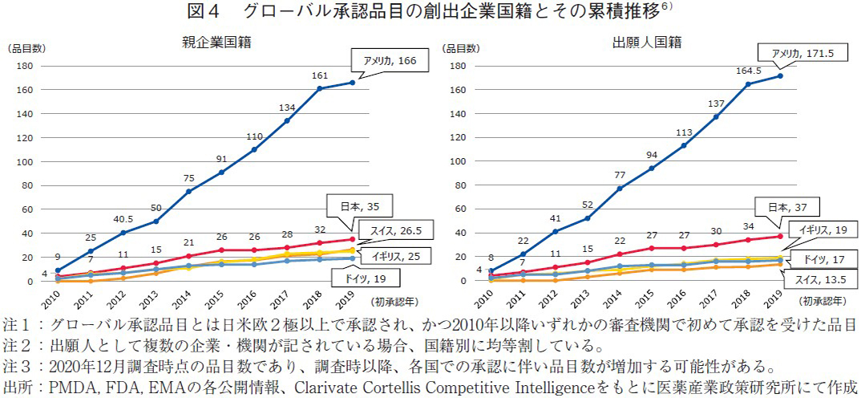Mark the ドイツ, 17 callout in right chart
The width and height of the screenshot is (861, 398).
point(818,260)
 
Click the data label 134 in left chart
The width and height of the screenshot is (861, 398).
point(287,108)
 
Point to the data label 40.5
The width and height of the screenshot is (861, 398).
point(123,219)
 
